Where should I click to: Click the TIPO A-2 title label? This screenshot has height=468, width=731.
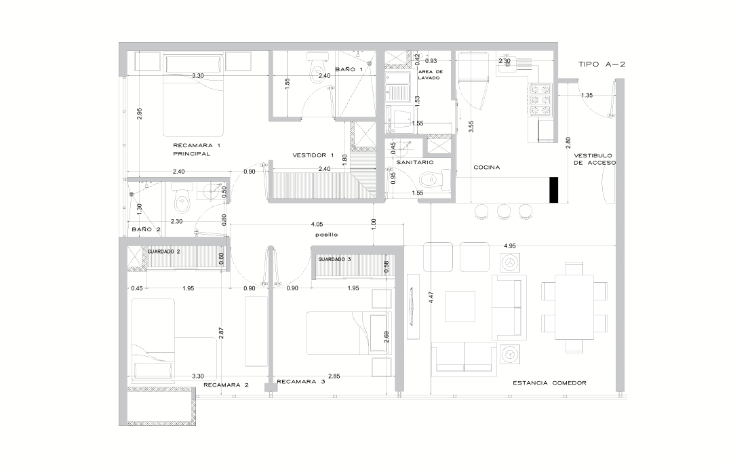coord(601,64)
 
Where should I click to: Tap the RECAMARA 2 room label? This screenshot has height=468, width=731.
coord(226,385)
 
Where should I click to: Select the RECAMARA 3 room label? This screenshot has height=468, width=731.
coord(300,381)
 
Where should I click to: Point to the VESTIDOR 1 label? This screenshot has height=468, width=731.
coord(313,155)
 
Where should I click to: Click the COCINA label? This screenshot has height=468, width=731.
coord(487,168)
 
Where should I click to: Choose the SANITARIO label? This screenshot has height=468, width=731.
coord(415,162)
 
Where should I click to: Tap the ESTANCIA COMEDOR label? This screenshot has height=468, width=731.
coord(550,383)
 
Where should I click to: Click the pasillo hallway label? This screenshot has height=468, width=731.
coord(326,235)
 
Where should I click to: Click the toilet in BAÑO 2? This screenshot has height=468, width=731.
coord(181,198)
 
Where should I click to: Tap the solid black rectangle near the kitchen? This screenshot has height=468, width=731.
coord(554,190)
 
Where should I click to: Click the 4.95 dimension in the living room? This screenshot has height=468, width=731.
coord(509,246)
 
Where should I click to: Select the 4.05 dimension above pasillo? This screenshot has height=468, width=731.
coord(317,225)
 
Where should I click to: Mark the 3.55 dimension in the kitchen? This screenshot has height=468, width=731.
coord(471,128)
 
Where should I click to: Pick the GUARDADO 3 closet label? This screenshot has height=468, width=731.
coord(334,259)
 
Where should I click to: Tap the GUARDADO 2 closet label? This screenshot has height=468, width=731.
coord(163,251)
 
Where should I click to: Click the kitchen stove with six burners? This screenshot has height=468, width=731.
coord(541,100)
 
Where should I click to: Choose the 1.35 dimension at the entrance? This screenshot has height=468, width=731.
coord(587,95)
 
